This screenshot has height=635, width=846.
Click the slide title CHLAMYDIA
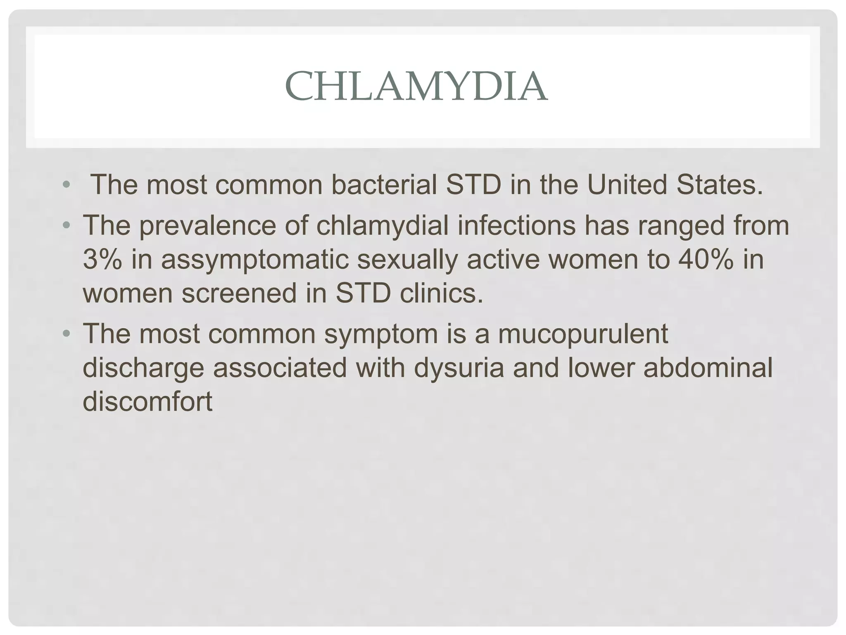(416, 87)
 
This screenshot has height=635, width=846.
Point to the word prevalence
(207, 226)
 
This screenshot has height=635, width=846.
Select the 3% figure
(102, 260)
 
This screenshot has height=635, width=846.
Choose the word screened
(240, 294)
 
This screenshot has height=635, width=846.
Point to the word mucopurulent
(583, 334)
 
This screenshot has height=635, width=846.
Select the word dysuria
(459, 368)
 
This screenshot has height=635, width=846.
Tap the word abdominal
(708, 368)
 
